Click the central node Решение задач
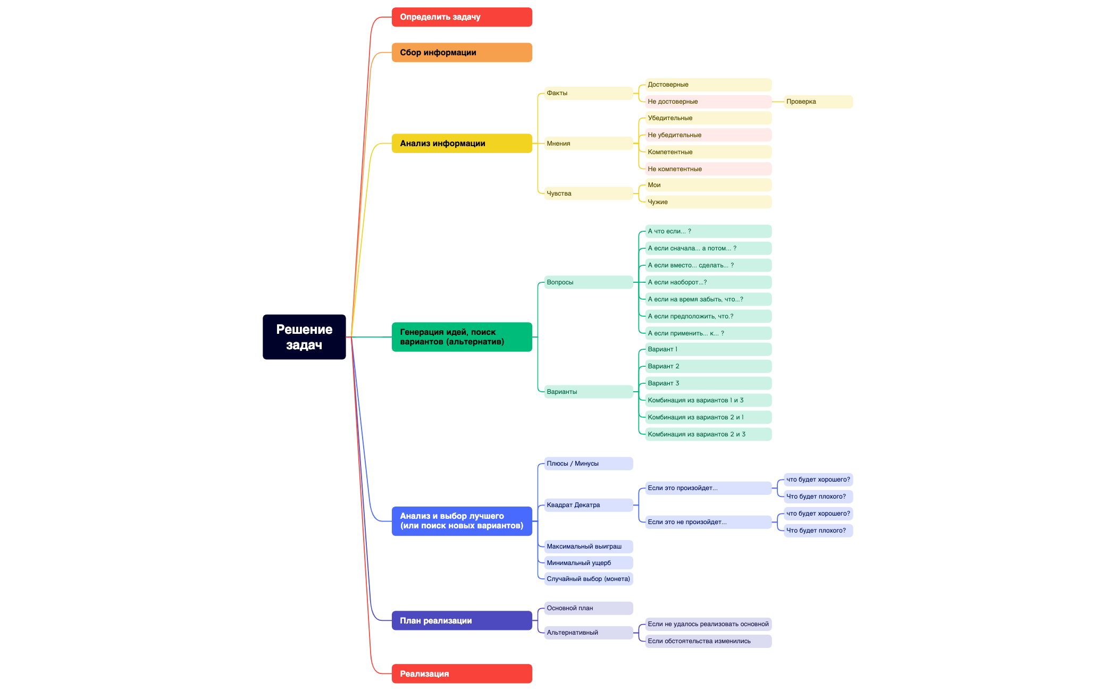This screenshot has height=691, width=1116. [304, 337]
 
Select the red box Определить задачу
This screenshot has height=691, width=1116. [461, 17]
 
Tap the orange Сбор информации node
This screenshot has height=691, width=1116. [461, 53]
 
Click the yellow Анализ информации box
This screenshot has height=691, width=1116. [461, 144]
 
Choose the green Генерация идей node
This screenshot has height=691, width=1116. [461, 337]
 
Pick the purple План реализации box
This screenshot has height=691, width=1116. [461, 620]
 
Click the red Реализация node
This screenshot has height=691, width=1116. [461, 673]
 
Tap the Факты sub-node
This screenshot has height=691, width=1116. [588, 93]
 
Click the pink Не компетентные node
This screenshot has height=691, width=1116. [708, 169]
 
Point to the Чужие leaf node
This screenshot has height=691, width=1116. [708, 202]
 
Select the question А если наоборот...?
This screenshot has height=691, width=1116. [708, 282]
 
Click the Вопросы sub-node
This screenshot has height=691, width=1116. [588, 282]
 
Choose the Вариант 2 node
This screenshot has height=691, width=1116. [708, 366]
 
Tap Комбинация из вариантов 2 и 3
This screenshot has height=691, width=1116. [708, 434]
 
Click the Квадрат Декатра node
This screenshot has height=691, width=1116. [588, 505]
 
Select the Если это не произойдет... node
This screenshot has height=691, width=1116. [708, 522]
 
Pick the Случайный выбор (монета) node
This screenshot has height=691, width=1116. [588, 579]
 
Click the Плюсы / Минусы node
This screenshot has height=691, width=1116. [588, 464]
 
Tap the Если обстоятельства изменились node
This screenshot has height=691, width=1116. [708, 641]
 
